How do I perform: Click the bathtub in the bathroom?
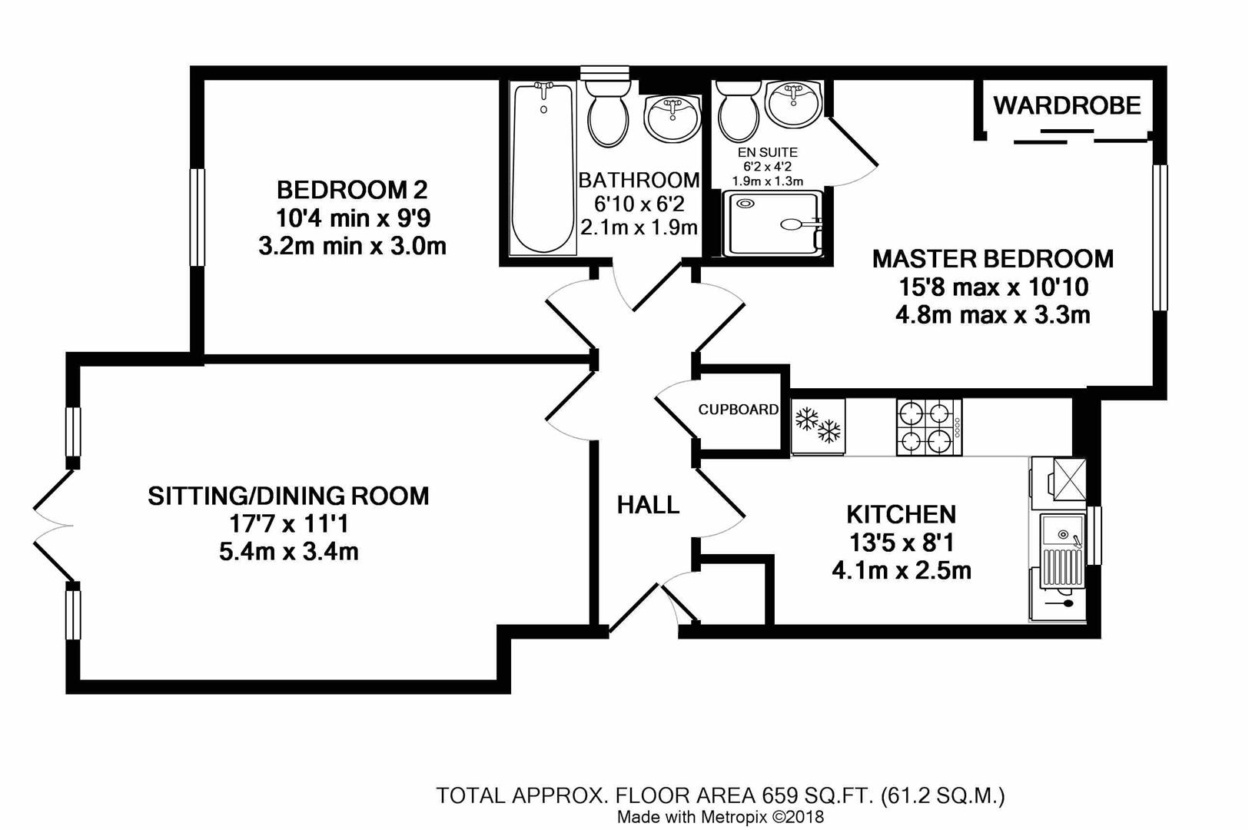543,169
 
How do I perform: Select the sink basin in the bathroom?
672,118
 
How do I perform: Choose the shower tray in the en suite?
772,224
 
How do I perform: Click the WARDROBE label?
1067,105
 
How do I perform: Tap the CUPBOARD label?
738,410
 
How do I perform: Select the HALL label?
648,505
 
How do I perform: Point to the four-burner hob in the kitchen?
928,427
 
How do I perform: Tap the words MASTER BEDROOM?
992,259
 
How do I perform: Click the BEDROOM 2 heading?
352,189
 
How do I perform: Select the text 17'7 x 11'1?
289,524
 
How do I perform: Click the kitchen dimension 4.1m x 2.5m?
902,571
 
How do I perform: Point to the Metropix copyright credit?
720,817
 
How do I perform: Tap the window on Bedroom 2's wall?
198,217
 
